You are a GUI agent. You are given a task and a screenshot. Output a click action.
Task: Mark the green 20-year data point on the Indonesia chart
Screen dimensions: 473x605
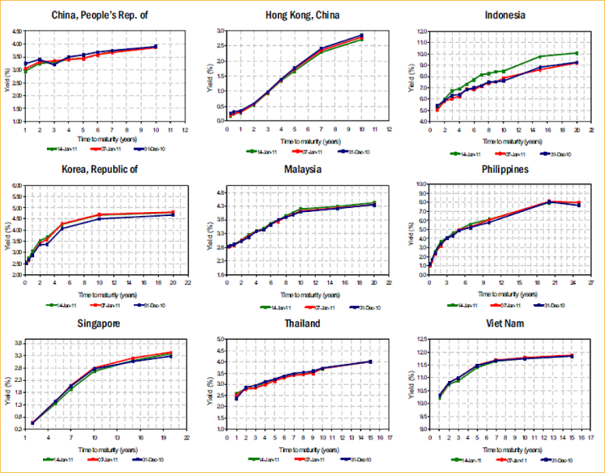[x=576, y=53]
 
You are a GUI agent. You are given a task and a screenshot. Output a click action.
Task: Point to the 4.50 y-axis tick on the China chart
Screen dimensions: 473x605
[x=16, y=31]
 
